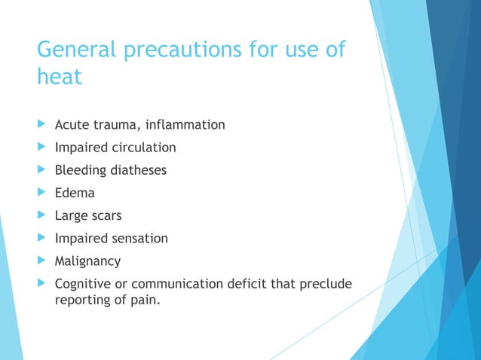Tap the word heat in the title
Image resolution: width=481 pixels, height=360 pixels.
click(59, 77)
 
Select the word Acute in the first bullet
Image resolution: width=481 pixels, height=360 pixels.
click(72, 124)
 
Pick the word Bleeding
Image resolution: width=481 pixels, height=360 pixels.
click(79, 170)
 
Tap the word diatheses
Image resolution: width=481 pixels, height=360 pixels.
click(137, 170)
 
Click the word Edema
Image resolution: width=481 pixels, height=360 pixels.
click(75, 193)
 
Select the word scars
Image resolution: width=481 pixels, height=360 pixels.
click(106, 215)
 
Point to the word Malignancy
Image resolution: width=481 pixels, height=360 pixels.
click(87, 261)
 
